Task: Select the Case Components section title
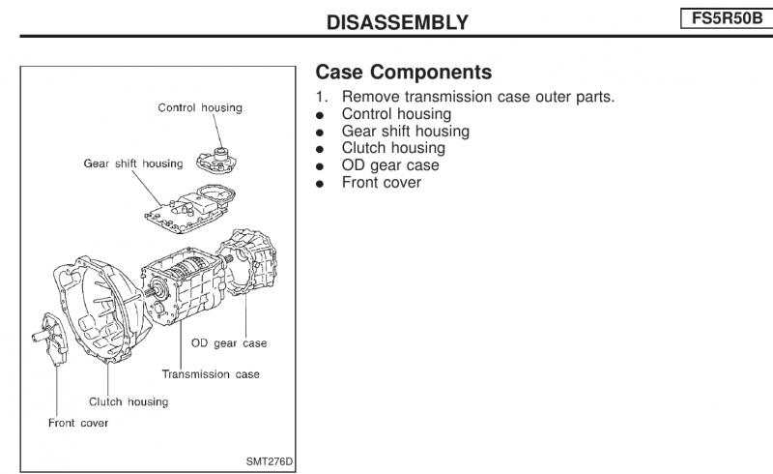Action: (403, 73)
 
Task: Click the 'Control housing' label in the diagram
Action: (200, 107)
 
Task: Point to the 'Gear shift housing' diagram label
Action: (132, 163)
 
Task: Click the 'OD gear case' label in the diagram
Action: (229, 343)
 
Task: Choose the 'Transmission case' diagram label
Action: (211, 373)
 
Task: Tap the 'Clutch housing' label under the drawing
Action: (129, 401)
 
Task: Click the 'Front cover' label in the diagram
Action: (78, 423)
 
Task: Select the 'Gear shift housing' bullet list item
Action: (405, 131)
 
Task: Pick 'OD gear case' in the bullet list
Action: (389, 165)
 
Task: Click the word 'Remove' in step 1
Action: (368, 97)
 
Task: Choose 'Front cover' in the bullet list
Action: (381, 182)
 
